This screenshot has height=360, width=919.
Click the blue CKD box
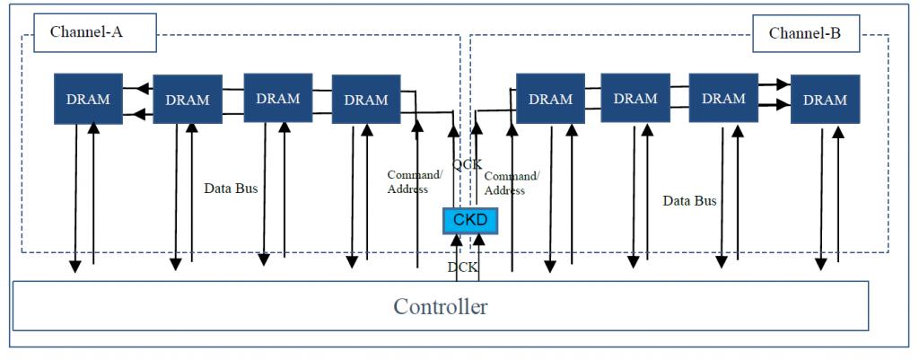coord(470,221)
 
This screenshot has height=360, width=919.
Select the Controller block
coord(440,306)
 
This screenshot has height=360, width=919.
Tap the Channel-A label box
coord(95,33)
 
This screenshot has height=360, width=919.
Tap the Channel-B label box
coord(805,33)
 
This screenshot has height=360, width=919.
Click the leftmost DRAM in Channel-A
coord(89,99)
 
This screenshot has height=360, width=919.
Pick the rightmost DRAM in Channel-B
coord(826,99)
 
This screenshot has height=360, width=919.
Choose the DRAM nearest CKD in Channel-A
coord(366,99)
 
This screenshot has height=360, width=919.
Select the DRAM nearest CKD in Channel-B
coord(550,99)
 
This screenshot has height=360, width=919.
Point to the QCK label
coord(467,165)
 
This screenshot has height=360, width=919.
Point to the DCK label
coord(463,268)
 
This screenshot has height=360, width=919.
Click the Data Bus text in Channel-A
coord(231,189)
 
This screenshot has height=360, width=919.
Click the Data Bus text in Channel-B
coord(690,201)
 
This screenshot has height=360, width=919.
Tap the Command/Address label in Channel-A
coord(415,181)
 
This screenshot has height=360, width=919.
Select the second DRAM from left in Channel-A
coord(188,99)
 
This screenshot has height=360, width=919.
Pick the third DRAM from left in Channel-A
coord(278,98)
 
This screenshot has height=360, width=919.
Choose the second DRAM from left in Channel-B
coord(635,98)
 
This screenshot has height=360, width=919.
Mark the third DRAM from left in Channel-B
coord(723,98)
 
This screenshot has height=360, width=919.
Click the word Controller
coord(440,307)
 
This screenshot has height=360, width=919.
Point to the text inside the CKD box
coord(470,221)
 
